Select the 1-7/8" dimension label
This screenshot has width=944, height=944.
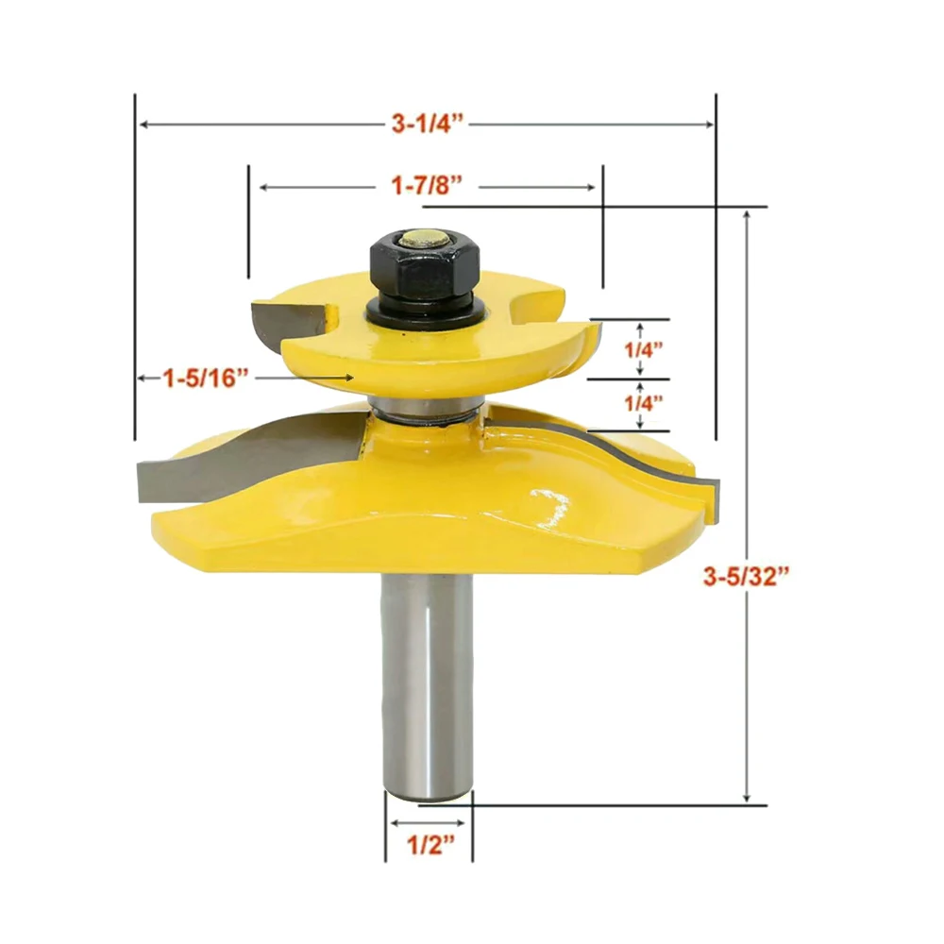[427, 187]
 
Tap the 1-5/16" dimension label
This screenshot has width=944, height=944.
[206, 379]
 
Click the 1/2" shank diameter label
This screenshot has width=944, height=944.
[428, 843]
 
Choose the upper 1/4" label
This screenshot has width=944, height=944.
[643, 348]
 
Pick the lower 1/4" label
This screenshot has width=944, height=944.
[643, 403]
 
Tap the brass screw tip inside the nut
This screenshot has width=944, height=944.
[422, 240]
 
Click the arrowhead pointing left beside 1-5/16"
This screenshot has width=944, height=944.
[142, 379]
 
